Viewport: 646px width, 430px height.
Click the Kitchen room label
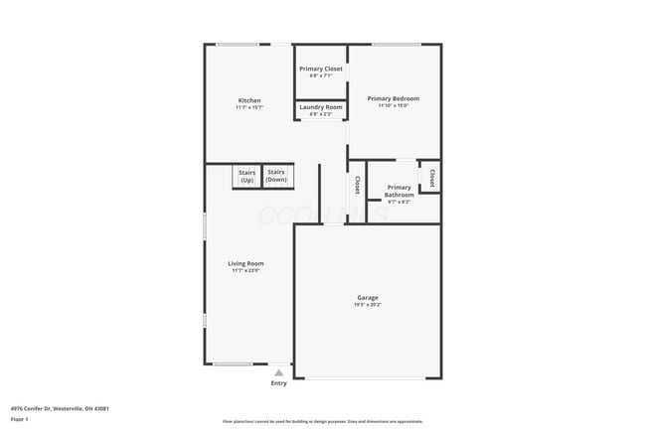(x=249, y=100)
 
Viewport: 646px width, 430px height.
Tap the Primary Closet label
(x=321, y=69)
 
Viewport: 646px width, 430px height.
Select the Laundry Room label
(x=321, y=107)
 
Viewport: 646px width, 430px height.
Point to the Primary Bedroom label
(x=394, y=98)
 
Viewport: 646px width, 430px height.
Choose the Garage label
(x=368, y=298)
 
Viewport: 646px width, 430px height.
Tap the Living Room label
(x=245, y=263)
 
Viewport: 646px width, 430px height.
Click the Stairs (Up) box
(x=246, y=176)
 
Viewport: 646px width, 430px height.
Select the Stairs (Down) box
(x=276, y=176)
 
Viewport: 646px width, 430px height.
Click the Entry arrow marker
(x=279, y=373)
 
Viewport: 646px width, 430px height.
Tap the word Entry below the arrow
(x=279, y=383)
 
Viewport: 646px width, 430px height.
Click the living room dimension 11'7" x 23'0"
(x=245, y=270)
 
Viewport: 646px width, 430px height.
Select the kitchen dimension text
(x=249, y=107)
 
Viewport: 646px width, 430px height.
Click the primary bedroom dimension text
(x=394, y=105)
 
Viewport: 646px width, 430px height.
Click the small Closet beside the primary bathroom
(x=431, y=177)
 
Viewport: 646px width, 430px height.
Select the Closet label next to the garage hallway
(x=357, y=185)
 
